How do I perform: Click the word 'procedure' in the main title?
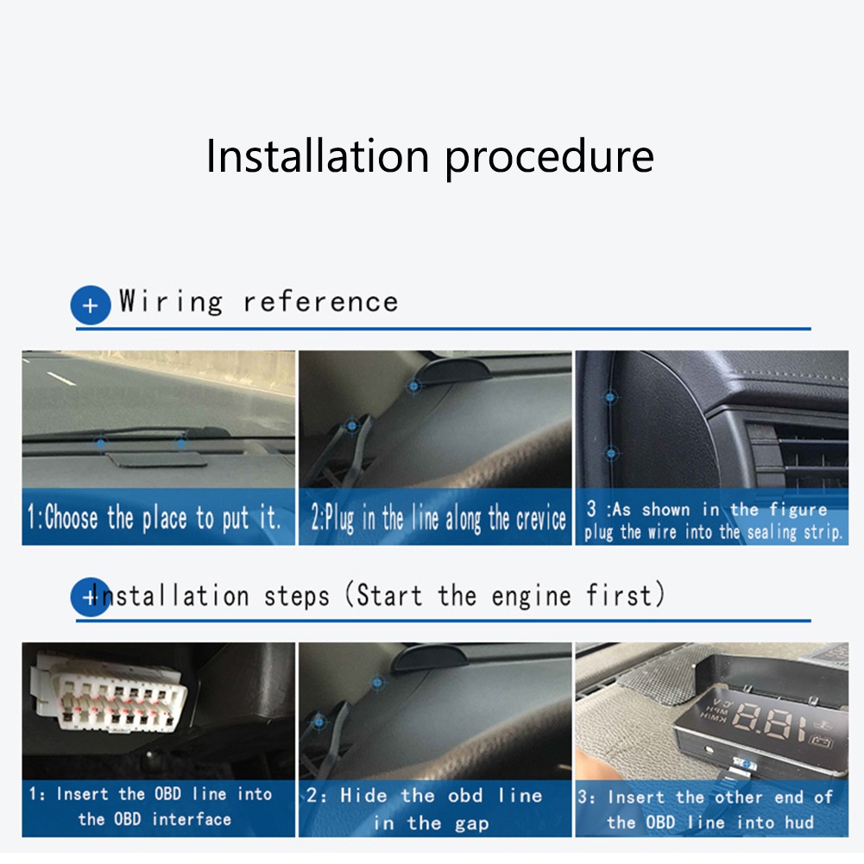pyautogui.click(x=549, y=157)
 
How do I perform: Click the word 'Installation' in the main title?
pyautogui.click(x=318, y=155)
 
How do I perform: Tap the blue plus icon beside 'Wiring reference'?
pyautogui.click(x=91, y=305)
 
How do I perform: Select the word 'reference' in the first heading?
pyautogui.click(x=320, y=302)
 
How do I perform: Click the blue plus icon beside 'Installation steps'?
pyautogui.click(x=90, y=596)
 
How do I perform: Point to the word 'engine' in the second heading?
pyautogui.click(x=529, y=596)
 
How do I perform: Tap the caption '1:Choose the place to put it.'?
pyautogui.click(x=155, y=518)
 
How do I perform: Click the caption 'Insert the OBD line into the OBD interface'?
pyautogui.click(x=155, y=806)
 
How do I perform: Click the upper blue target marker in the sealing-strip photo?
pyautogui.click(x=611, y=398)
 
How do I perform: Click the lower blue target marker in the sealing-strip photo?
pyautogui.click(x=611, y=452)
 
